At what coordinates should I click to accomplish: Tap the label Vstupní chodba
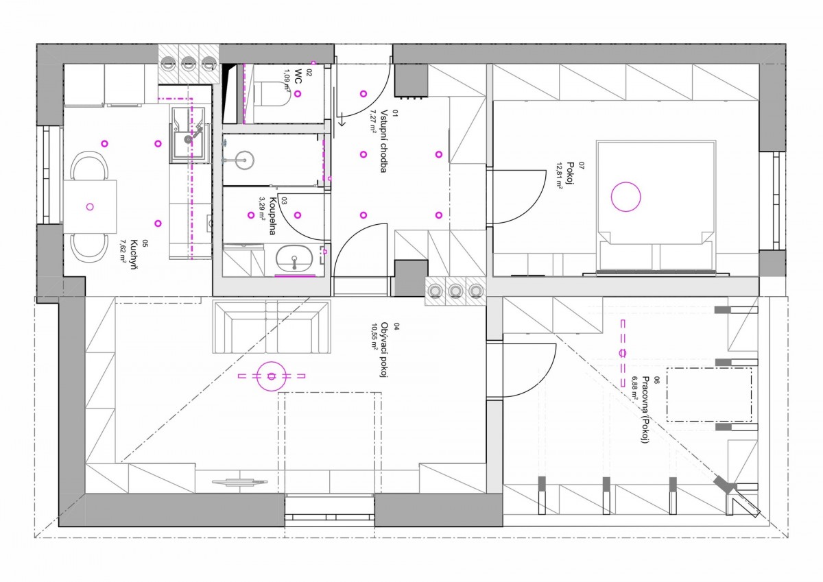tap(383, 141)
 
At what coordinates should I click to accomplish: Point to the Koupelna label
tap(273, 216)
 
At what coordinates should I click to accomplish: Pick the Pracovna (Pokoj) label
tap(645, 409)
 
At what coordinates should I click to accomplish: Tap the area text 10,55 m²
tap(374, 337)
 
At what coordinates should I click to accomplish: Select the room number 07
tap(581, 165)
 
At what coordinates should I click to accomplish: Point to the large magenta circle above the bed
tap(625, 197)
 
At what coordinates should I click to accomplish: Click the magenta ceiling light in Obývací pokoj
tap(272, 376)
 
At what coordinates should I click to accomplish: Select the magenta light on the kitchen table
tap(90, 207)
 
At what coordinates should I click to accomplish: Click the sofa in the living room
tap(272, 326)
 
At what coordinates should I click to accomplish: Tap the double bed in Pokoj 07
tap(656, 206)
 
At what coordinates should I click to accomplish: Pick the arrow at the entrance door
tap(342, 120)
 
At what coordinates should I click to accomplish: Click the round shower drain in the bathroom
tap(245, 160)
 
